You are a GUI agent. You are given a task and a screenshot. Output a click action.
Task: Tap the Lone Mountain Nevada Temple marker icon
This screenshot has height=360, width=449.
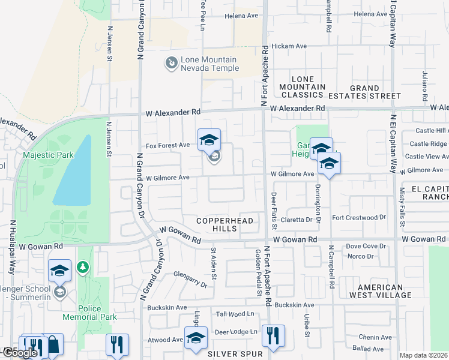pyautogui.click(x=172, y=62)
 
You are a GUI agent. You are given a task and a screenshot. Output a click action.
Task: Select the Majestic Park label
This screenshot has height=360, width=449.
pyautogui.click(x=48, y=155)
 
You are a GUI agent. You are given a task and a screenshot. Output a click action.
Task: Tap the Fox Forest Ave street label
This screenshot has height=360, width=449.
pyautogui.click(x=167, y=146)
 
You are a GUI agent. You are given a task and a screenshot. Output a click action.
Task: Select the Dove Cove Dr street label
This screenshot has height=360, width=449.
pyautogui.click(x=366, y=246)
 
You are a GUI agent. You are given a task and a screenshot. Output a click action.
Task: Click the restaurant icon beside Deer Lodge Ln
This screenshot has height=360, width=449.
pyautogui.click(x=273, y=336)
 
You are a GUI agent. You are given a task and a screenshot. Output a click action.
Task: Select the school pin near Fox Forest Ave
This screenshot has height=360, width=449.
pyautogui.click(x=209, y=141)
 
